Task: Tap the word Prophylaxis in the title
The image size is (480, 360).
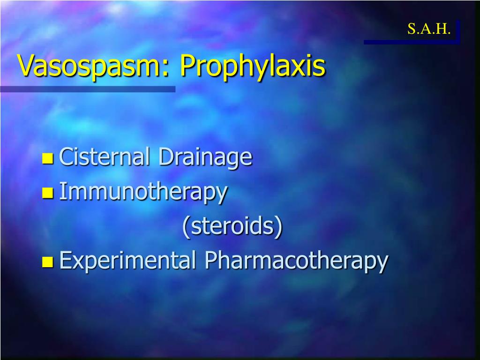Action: (252, 67)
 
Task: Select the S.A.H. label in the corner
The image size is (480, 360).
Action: (429, 30)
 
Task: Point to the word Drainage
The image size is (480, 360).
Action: (205, 157)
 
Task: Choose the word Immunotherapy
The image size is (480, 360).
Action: (143, 192)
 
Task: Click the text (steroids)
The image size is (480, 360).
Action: (232, 226)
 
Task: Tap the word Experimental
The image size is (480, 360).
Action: (127, 261)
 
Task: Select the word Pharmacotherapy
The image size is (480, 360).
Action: (296, 261)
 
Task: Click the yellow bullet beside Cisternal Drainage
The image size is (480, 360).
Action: (48, 159)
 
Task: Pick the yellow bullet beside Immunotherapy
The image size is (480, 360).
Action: (48, 193)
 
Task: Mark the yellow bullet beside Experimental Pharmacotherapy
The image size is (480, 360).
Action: (48, 262)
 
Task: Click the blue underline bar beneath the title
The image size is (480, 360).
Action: (88, 89)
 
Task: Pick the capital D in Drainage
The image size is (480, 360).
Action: (165, 157)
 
